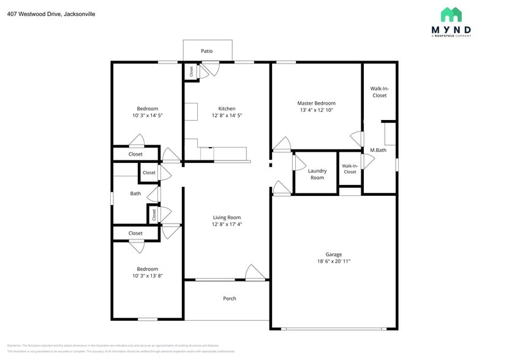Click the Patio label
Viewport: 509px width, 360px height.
point(207,51)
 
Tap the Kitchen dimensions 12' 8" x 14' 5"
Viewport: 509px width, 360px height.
point(227,115)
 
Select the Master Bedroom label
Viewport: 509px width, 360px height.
point(316,103)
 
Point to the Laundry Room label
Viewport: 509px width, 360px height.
point(317,174)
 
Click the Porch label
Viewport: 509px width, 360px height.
point(229,299)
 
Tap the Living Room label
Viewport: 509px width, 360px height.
point(227,217)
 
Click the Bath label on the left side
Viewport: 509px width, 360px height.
point(135,193)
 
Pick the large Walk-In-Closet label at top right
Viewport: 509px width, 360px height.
point(379,92)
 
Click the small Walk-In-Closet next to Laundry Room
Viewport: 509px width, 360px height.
point(350,169)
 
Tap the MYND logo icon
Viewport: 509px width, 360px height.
point(451,15)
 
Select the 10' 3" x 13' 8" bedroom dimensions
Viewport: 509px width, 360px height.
point(147,276)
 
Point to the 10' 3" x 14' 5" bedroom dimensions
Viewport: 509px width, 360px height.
point(147,115)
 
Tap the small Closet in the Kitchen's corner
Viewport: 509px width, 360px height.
point(191,72)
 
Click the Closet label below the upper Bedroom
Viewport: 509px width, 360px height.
point(135,154)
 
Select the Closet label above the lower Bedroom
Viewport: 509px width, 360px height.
point(135,233)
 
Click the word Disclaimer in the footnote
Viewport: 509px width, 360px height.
point(14,345)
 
